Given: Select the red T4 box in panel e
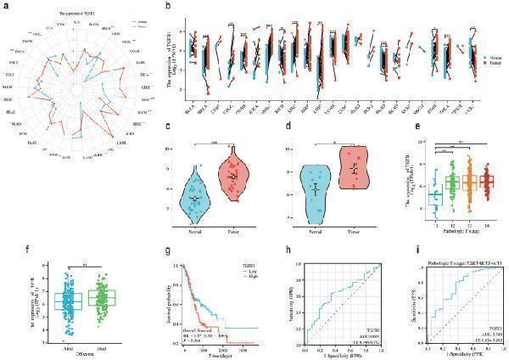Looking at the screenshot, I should click(487, 181).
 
